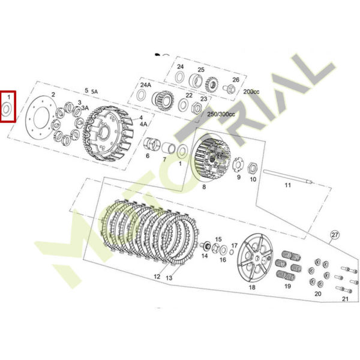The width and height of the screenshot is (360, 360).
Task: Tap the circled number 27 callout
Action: click(x=335, y=235)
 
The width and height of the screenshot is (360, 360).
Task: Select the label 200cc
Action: click(x=251, y=92)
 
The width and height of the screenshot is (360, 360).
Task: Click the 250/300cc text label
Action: click(x=221, y=114)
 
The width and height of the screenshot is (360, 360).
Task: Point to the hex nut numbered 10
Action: click(x=253, y=168)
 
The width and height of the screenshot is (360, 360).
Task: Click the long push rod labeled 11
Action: click(x=288, y=176)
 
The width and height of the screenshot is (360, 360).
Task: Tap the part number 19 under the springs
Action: click(x=287, y=286)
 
